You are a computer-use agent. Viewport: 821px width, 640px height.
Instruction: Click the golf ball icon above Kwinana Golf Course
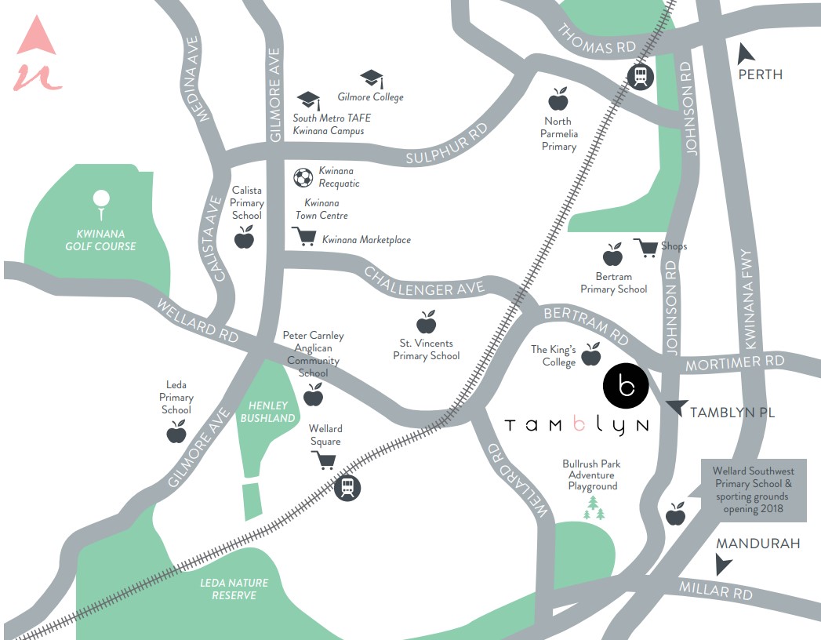click(100, 202)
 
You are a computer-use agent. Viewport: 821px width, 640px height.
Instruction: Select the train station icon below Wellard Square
click(347, 488)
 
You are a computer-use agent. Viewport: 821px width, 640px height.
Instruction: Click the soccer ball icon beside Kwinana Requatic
click(303, 178)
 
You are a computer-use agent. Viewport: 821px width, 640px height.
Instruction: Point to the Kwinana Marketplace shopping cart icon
click(304, 237)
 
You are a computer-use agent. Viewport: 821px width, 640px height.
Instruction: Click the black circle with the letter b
click(625, 385)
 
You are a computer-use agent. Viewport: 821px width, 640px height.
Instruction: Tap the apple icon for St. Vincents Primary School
click(426, 322)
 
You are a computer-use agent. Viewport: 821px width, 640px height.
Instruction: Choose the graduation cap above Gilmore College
click(372, 78)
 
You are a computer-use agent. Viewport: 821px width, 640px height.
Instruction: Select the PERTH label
click(760, 75)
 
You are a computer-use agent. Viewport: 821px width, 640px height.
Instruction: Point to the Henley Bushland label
click(267, 412)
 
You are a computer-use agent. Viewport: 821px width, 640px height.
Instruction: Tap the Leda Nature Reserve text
click(234, 589)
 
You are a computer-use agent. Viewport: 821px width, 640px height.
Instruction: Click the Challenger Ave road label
click(420, 283)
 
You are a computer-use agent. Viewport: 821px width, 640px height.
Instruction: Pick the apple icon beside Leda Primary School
click(177, 432)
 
